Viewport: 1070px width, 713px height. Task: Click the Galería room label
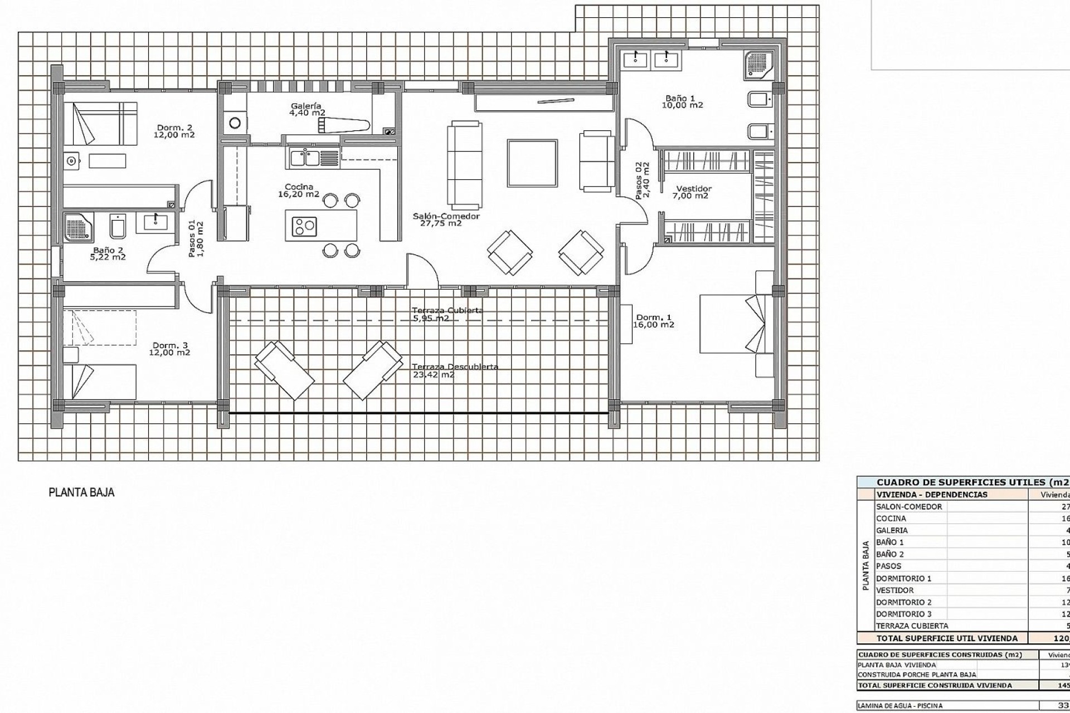point(306,106)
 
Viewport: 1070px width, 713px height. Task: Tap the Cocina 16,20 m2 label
point(299,187)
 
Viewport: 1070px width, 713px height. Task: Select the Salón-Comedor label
point(446,216)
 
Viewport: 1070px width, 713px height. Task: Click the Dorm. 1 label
point(654,318)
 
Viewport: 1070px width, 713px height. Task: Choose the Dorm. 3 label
point(169,345)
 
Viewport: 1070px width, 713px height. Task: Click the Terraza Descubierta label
point(455,367)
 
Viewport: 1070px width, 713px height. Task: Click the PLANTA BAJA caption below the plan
point(81,492)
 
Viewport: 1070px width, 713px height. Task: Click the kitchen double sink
point(304,158)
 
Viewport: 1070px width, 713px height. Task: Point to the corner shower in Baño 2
point(79,227)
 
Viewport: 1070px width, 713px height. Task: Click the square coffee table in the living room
point(532,163)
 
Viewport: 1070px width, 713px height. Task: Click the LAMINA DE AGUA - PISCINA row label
point(900,706)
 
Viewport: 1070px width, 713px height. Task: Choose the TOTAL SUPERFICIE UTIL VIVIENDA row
point(947,638)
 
